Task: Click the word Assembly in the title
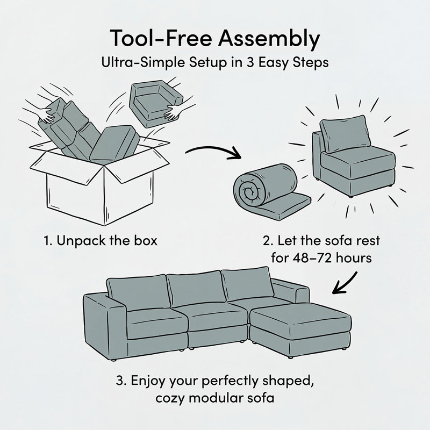[269, 39]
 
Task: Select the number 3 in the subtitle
[249, 63]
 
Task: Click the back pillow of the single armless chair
[345, 134]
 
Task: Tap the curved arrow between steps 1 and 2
[213, 152]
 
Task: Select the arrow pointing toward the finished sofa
[345, 283]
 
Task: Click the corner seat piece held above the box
[156, 104]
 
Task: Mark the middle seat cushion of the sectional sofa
[217, 316]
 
